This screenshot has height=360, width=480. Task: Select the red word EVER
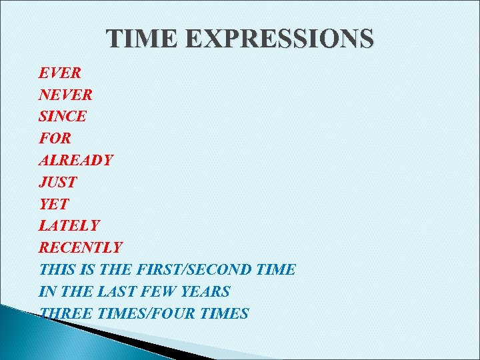tap(59, 72)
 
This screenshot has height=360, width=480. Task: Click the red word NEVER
tap(65, 94)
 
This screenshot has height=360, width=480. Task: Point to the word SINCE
tap(63, 116)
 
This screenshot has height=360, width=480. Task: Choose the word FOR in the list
tap(55, 138)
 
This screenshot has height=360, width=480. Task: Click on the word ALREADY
tap(76, 160)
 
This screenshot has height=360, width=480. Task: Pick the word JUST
tap(58, 182)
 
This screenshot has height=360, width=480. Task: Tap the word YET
tap(54, 204)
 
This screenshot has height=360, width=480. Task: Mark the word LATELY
tap(69, 226)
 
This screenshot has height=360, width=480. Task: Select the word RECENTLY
tap(81, 247)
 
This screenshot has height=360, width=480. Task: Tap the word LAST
tap(117, 291)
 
